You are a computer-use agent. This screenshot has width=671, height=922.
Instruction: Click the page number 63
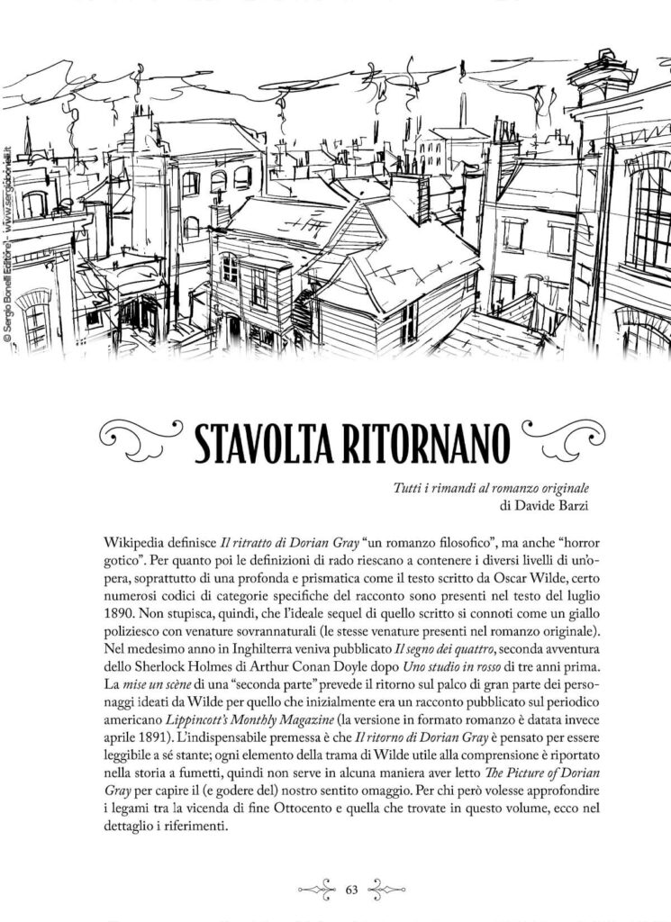point(352,890)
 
